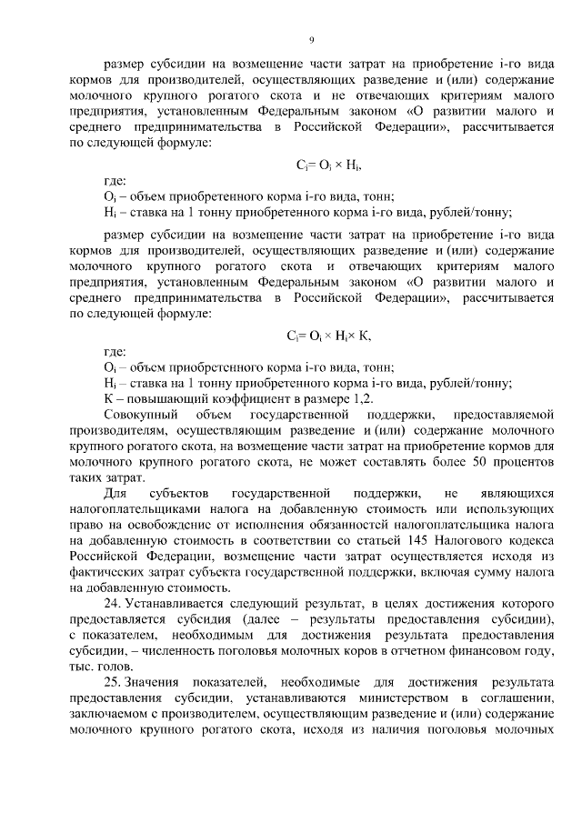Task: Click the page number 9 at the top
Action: [311, 39]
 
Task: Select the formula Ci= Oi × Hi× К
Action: [329, 335]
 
